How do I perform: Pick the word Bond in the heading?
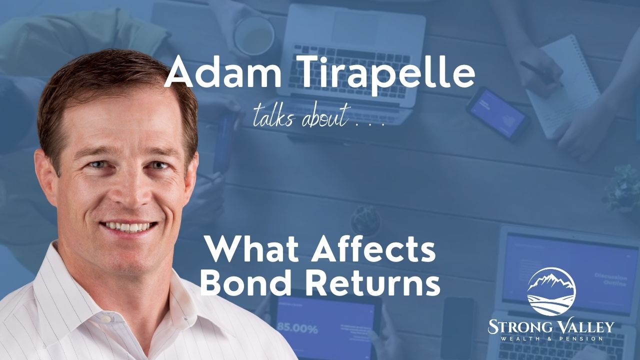(247, 282)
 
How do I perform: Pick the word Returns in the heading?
(373, 282)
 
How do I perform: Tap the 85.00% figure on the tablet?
(297, 329)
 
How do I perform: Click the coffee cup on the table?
(253, 34)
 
